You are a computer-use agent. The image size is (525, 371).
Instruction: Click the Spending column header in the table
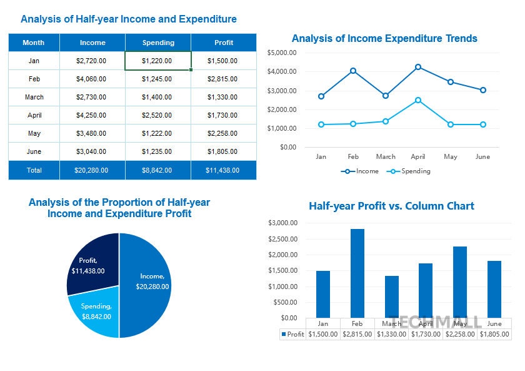(158, 43)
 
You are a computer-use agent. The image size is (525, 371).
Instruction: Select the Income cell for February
(92, 79)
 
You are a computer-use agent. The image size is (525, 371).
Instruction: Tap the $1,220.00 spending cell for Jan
(158, 61)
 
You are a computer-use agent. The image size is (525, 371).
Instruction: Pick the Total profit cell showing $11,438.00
(223, 170)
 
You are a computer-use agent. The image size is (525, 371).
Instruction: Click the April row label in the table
(34, 115)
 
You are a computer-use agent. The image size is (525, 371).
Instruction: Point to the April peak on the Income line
(418, 67)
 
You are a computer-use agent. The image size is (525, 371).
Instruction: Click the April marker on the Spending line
(418, 100)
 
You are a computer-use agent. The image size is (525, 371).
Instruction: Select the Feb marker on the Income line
(353, 71)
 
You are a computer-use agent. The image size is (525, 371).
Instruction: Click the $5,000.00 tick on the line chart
(281, 53)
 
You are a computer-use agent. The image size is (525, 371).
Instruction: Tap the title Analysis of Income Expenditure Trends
(384, 39)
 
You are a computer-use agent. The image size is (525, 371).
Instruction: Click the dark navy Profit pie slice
(94, 263)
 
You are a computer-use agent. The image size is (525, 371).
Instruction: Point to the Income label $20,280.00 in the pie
(152, 287)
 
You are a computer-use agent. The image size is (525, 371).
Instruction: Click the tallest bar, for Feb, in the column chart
(357, 273)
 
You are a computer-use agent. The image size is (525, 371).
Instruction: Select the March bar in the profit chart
(392, 297)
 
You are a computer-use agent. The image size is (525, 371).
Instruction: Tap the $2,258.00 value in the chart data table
(460, 334)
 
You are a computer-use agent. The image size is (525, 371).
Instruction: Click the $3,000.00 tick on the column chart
(282, 223)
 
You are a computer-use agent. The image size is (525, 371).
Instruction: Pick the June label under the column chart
(494, 323)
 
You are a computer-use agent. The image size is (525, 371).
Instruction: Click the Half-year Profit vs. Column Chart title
(391, 206)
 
